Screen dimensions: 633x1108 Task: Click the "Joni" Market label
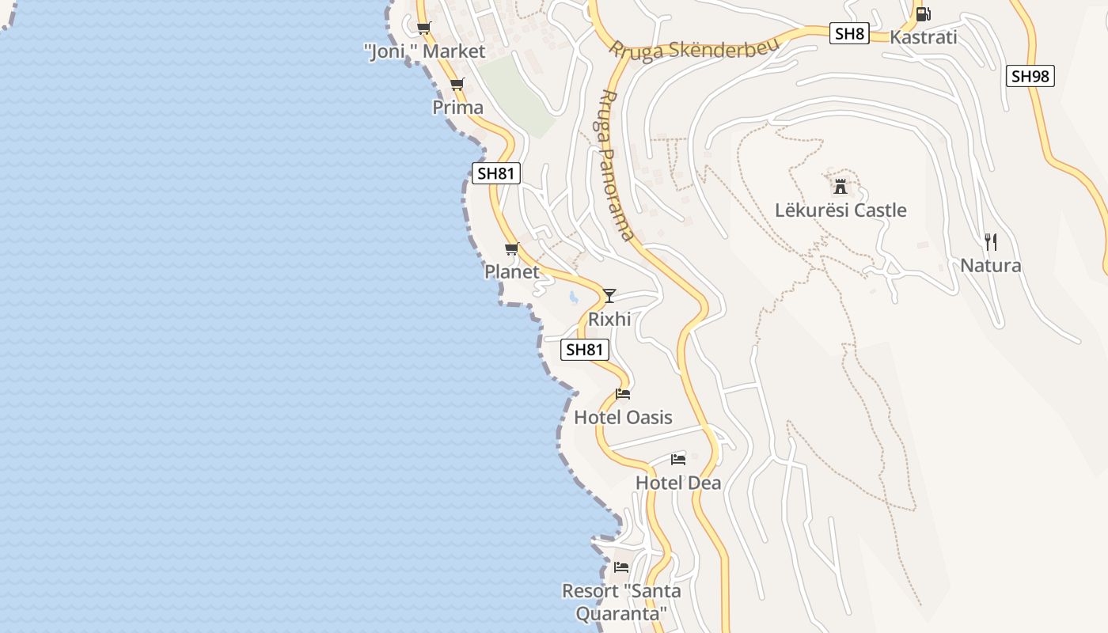[x=424, y=51]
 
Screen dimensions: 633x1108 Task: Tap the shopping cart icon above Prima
[x=457, y=85]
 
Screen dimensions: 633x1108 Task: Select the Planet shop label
[x=511, y=271]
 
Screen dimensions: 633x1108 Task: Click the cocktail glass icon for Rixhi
[x=609, y=296]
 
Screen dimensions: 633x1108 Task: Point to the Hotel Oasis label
[x=623, y=417]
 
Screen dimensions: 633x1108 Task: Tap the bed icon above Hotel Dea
[x=677, y=459]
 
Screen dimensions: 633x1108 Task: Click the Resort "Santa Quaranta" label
[x=621, y=601]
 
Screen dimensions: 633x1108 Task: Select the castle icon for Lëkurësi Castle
[x=840, y=187]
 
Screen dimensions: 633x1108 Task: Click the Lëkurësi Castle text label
[x=840, y=210]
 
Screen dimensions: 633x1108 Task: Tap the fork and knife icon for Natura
[x=990, y=241]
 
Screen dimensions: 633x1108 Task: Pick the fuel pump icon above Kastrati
[x=923, y=13]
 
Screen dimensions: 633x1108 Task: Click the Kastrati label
[x=923, y=37]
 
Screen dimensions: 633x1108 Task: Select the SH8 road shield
[x=850, y=33]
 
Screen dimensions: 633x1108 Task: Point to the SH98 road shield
[x=1030, y=76]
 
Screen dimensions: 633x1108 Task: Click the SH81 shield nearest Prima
[x=495, y=173]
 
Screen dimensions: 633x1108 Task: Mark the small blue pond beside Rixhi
[x=573, y=298]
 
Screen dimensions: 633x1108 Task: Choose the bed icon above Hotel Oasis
[x=623, y=394]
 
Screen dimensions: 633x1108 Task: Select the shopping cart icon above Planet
[x=511, y=249]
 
